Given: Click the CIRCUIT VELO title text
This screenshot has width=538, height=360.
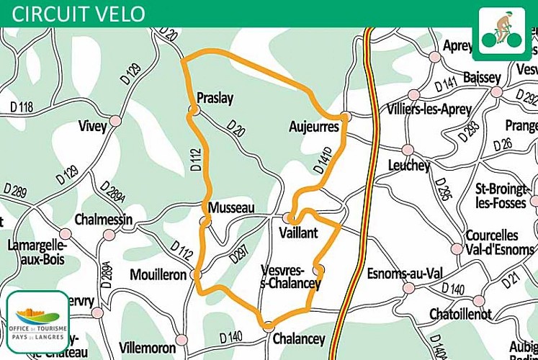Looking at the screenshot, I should tap(79, 13).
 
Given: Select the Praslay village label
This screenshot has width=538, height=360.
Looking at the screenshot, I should tap(215, 99).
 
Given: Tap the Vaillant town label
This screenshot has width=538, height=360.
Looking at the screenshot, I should tap(297, 233).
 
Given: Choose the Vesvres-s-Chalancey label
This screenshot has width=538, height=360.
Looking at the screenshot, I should tap(290, 276).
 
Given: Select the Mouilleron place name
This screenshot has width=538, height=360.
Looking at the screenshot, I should tap(158, 274).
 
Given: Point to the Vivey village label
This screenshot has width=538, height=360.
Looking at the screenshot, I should tap(92, 127).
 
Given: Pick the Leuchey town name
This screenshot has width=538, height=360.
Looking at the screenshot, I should tap(408, 166).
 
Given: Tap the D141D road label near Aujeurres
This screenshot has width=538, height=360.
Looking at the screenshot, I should tap(323, 161).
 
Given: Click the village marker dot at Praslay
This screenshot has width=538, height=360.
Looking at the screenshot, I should tap(194, 110).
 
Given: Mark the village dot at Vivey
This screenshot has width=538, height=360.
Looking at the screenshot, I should tap(115, 120).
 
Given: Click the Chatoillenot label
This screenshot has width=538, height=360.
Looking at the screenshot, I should tap(460, 314).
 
